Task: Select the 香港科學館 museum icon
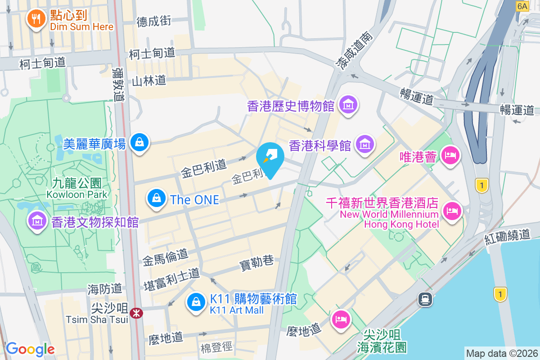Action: (364, 144)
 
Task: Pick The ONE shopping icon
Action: (156, 198)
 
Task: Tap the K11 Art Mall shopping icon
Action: (196, 302)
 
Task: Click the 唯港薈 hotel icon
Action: (450, 156)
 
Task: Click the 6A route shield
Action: (522, 6)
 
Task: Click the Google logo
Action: (30, 349)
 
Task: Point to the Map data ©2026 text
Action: (501, 353)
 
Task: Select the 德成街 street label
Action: (154, 21)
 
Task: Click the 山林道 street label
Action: (149, 81)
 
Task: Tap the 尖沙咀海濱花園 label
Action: (382, 341)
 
